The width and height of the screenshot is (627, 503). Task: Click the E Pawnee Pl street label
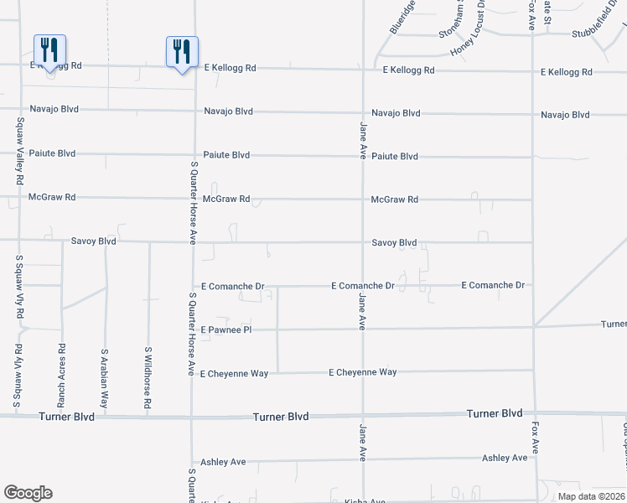click(226, 330)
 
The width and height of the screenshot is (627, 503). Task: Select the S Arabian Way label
click(106, 379)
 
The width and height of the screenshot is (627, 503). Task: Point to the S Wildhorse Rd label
click(148, 378)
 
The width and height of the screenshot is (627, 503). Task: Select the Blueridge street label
click(402, 17)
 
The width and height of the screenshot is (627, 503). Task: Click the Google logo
click(28, 493)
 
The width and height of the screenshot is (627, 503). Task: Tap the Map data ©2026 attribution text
click(592, 496)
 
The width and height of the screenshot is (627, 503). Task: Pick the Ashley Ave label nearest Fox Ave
click(505, 458)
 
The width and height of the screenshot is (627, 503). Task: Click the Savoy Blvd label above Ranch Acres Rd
click(93, 241)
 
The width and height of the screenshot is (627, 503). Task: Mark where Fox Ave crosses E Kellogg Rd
click(532, 71)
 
